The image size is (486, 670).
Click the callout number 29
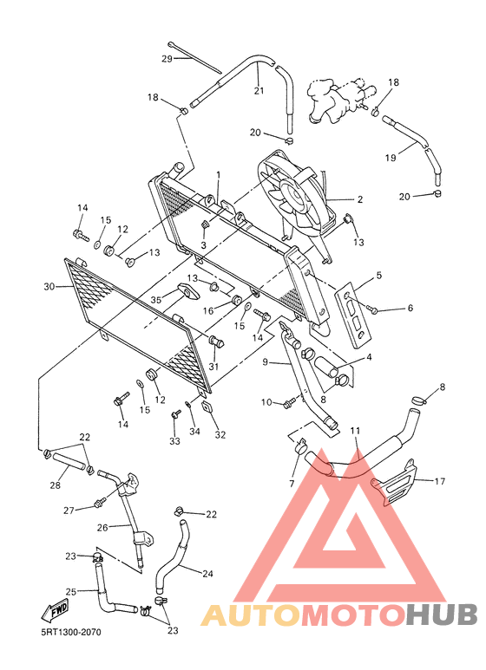pos(167,59)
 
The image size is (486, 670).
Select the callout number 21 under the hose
pos(259,91)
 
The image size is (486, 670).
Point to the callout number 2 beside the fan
pos(359,199)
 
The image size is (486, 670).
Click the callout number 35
pos(156,299)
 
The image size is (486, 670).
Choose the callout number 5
pos(378,276)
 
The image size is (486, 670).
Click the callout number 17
pos(440,482)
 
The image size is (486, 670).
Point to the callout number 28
pos(55,485)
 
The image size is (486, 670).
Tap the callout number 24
pos(207,573)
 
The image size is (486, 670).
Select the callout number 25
pos(71,591)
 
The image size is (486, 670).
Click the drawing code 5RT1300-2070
pos(71,632)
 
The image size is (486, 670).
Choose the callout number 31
pos(213,367)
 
